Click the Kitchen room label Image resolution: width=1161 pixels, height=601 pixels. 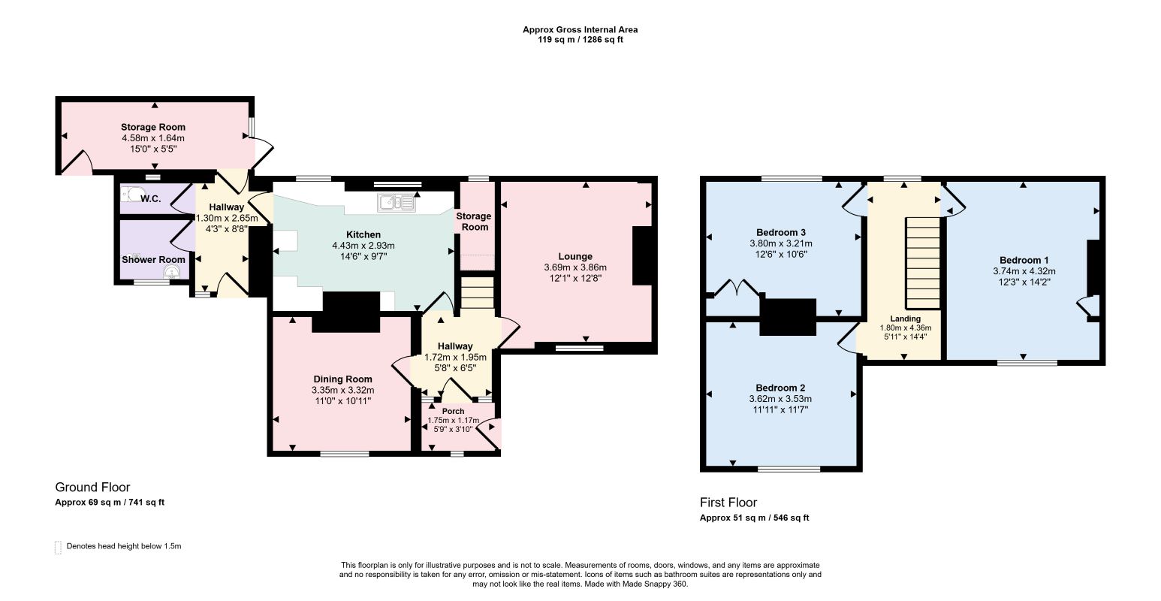pos(363,234)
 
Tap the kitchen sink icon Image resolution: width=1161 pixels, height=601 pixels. pos(397,203)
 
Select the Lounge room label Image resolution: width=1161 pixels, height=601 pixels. pos(574,256)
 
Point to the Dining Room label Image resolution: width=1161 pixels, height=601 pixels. pos(342,379)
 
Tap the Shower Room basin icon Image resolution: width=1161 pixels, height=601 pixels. pos(170,272)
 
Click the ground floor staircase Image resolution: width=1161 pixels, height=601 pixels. pos(477,293)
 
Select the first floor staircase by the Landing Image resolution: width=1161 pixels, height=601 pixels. pos(923,263)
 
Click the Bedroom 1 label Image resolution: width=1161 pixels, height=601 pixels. pos(1024,261)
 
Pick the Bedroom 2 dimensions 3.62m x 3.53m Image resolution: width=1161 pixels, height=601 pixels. pos(780,399)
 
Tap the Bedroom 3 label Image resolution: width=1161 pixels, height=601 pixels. pos(780,232)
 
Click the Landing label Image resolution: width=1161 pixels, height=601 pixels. pos(905,319)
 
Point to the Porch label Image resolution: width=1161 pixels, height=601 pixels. pos(453,411)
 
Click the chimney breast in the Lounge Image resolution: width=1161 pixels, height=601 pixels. pos(642,255)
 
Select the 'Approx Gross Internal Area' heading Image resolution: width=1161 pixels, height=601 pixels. pos(580,29)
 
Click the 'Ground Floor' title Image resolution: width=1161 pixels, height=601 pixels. pos(92,487)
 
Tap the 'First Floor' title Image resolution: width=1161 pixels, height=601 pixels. pos(728,503)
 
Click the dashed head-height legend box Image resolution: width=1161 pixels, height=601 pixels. pos(58,548)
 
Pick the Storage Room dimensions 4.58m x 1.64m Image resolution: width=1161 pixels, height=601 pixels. pos(153,138)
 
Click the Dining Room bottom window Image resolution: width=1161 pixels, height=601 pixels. pos(345,455)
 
